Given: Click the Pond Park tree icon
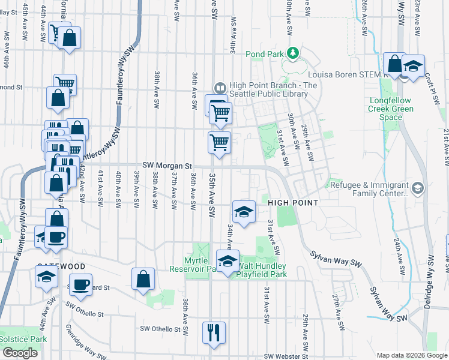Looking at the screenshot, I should coord(293,54).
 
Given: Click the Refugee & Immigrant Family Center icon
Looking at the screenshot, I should coord(418,189).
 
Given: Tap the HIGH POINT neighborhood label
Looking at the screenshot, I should coord(292,203).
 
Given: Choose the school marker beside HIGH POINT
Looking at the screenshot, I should coord(244,212).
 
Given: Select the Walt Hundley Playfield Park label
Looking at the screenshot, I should coord(262,270).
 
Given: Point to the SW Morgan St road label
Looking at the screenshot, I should coord(167,166).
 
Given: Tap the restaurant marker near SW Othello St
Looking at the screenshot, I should coord(214,333).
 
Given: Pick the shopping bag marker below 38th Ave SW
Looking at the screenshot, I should coord(144,279).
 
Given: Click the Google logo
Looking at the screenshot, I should coord(20,353).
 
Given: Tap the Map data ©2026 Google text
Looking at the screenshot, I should coord(411,355).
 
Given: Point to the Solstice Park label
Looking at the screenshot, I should coord(23,339).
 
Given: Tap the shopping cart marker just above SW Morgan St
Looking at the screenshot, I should coord(219,143).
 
